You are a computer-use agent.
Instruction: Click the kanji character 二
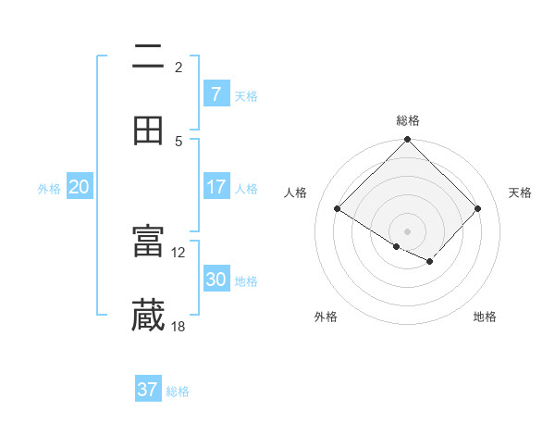click(x=148, y=57)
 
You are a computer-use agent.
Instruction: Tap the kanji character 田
click(x=148, y=130)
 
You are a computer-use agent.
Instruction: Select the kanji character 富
click(x=148, y=242)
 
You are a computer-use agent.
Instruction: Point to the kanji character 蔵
click(x=148, y=316)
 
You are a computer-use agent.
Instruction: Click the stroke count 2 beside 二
click(x=179, y=67)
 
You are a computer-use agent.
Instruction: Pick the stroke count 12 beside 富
click(x=179, y=252)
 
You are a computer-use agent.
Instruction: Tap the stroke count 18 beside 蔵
click(x=179, y=326)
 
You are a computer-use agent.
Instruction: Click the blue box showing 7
click(x=216, y=93)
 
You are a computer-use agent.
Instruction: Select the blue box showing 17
click(x=216, y=187)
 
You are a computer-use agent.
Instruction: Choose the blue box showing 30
click(x=216, y=280)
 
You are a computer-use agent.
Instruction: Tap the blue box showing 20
click(x=79, y=187)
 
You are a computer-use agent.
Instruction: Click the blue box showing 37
click(x=148, y=390)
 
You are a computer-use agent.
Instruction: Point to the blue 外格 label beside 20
click(x=49, y=189)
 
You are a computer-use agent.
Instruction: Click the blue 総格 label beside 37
click(x=178, y=391)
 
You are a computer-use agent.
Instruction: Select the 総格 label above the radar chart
click(x=408, y=120)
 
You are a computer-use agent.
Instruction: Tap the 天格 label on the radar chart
click(x=520, y=193)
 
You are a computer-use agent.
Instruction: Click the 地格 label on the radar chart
click(x=485, y=317)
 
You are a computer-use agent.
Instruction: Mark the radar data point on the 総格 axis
click(x=408, y=141)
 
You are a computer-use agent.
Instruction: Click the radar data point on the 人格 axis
click(x=338, y=209)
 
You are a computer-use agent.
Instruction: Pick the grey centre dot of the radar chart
click(x=408, y=230)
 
